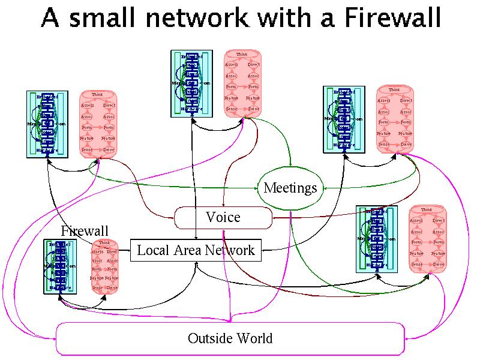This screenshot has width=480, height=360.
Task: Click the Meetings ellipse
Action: [290, 188]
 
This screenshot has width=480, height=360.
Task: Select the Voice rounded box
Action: [223, 217]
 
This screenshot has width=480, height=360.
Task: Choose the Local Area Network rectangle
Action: [196, 250]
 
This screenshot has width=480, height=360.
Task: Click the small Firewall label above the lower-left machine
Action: [85, 231]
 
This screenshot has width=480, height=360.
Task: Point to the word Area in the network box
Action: [189, 250]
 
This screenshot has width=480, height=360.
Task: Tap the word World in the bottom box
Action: [253, 338]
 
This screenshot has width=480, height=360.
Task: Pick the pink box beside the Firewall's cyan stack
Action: [104, 266]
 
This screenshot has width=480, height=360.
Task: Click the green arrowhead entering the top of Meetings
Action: [291, 167]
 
